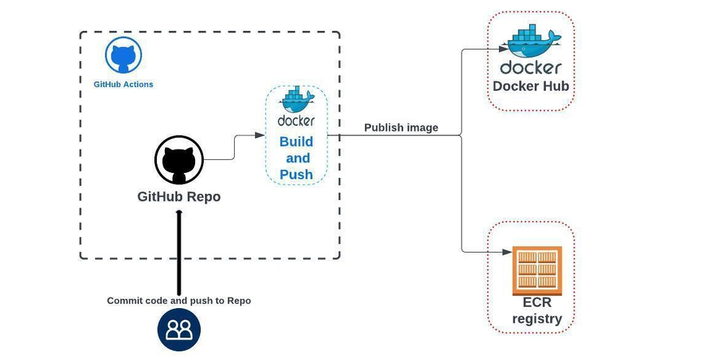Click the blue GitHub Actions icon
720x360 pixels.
tap(123, 55)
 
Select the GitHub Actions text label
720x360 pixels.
tap(123, 84)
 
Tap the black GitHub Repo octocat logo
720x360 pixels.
tap(179, 160)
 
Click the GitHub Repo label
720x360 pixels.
tap(179, 197)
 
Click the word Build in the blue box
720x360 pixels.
tap(296, 141)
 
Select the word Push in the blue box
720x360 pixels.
tap(296, 174)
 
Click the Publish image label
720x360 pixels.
tap(401, 128)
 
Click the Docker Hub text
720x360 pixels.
tap(531, 86)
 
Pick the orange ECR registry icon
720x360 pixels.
tap(536, 270)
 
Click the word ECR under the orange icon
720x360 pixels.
tap(537, 302)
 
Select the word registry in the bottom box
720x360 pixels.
tap(537, 319)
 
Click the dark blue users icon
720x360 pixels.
tap(179, 330)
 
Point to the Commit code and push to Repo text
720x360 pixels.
tap(179, 300)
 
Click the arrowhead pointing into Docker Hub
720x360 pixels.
tap(505, 49)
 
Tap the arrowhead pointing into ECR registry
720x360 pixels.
tap(507, 251)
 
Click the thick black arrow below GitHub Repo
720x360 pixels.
tap(179, 252)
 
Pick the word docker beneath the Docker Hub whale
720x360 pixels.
tap(531, 68)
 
